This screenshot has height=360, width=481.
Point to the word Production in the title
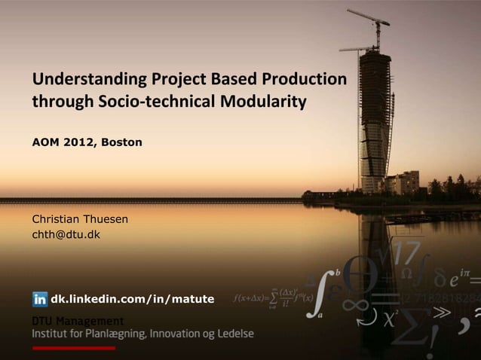pyautogui.click(x=305, y=79)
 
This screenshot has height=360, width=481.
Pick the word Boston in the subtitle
pyautogui.click(x=121, y=142)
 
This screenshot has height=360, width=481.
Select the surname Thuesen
pyautogui.click(x=103, y=219)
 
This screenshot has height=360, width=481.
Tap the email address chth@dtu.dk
pyautogui.click(x=65, y=235)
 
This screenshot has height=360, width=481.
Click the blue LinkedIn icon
pyautogui.click(x=40, y=299)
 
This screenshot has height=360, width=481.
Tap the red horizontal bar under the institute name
pyautogui.click(x=73, y=349)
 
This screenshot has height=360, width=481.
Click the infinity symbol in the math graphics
pyautogui.click(x=358, y=304)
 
